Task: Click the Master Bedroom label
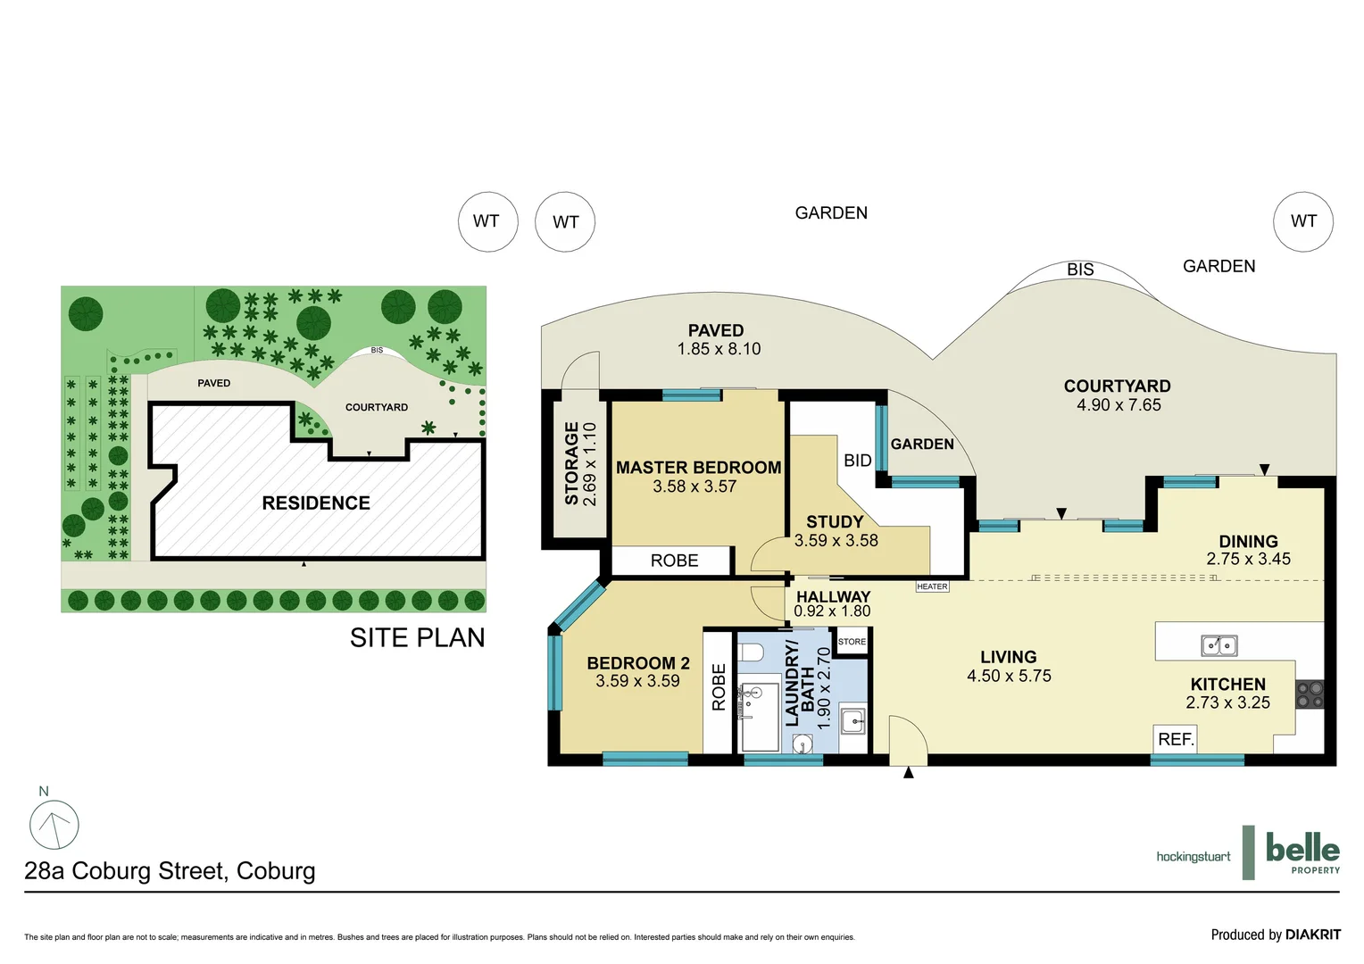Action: click(698, 468)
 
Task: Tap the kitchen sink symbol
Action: click(1218, 644)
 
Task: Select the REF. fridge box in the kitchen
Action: click(1175, 739)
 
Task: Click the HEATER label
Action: click(932, 586)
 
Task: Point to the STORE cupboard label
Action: click(852, 642)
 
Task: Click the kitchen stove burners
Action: click(1310, 694)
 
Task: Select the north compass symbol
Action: click(54, 825)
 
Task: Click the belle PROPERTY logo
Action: click(1302, 852)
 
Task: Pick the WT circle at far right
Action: click(1302, 221)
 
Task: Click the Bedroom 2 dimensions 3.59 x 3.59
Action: click(637, 681)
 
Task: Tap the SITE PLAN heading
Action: click(417, 637)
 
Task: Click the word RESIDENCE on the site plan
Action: click(316, 503)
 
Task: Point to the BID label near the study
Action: click(857, 461)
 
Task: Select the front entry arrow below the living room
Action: click(909, 773)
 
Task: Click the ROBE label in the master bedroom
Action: click(674, 561)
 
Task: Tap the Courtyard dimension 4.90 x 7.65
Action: click(1119, 405)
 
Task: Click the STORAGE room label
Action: click(571, 464)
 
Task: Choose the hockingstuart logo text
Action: click(1193, 857)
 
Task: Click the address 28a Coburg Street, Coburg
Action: click(170, 871)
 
